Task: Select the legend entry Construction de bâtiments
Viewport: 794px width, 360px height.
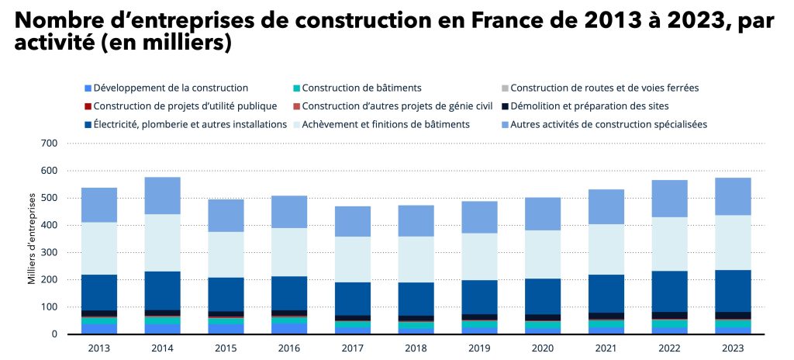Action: coord(361,88)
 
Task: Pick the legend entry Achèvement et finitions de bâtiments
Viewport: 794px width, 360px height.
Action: coord(385,124)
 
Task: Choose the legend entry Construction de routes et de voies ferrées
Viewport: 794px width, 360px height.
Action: coord(604,88)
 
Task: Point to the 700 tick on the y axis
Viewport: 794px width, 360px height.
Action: coord(50,144)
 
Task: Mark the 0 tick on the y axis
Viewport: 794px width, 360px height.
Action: coord(55,334)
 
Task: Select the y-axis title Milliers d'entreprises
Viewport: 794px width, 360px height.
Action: coord(32,239)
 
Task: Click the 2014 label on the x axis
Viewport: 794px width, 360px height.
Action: coord(161,348)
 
